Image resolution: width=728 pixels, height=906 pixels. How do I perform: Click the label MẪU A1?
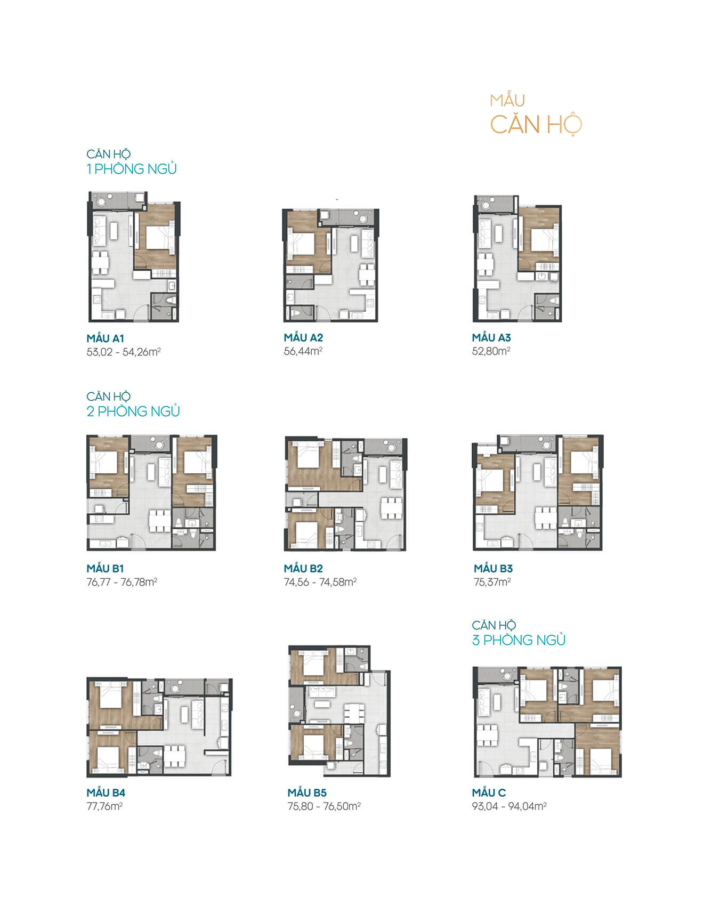106,338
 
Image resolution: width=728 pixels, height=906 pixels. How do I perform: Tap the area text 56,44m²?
303,351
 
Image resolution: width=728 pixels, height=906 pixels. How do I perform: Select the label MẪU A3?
491,337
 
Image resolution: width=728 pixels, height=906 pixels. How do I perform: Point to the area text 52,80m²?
491,351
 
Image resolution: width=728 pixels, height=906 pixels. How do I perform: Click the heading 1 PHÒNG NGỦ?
132,169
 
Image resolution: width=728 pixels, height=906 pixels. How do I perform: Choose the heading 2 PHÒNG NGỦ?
133,411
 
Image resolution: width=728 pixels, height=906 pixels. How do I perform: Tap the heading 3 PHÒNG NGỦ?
519,640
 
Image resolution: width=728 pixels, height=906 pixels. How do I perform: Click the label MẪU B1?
106,569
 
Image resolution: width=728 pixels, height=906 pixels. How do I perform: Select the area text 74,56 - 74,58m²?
320,582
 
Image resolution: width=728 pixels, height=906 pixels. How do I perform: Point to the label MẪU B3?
493,569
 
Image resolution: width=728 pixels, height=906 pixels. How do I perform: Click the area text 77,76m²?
105,806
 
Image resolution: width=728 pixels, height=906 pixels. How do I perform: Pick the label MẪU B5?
307,793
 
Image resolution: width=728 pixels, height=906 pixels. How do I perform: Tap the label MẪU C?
489,792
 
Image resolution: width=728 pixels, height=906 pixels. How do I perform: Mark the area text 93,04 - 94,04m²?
509,806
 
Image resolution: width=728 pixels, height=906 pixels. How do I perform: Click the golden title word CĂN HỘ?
536,125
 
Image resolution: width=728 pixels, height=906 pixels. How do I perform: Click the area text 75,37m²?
492,582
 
